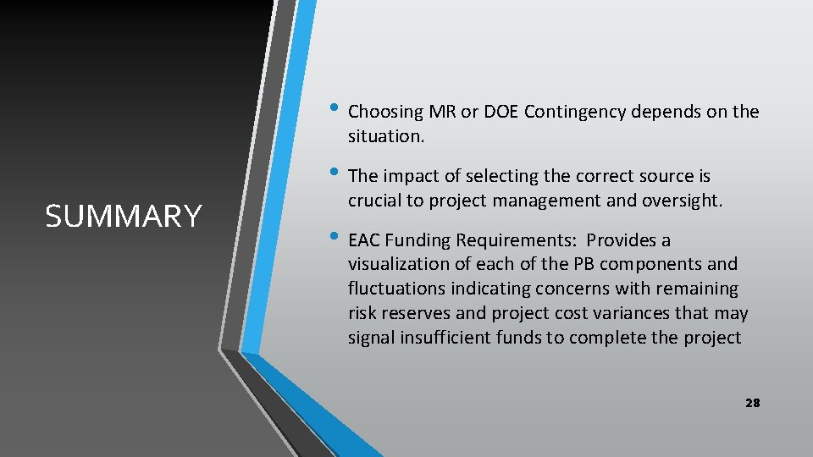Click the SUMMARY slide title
124,217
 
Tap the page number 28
752,403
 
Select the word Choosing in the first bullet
385,112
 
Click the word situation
384,135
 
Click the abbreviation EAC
365,240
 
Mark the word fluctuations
396,289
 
